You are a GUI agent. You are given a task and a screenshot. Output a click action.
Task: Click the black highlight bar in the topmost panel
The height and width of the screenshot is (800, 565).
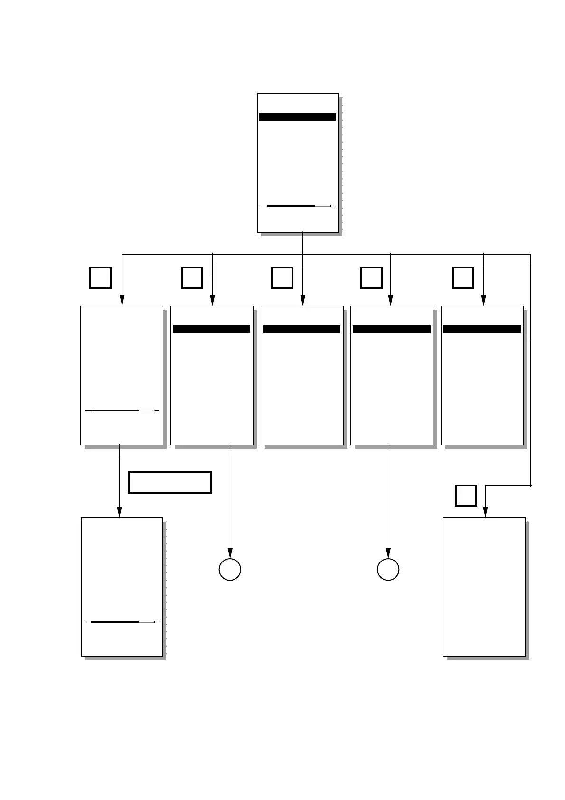(297, 117)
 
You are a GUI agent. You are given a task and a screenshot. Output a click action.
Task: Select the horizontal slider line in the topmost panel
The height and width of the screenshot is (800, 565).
(298, 206)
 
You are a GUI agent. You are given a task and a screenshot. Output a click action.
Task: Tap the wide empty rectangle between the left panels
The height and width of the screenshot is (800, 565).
(169, 483)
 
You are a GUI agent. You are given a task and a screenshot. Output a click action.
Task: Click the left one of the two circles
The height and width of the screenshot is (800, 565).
(230, 570)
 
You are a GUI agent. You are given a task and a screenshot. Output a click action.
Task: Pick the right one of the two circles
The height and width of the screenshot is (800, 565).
(388, 570)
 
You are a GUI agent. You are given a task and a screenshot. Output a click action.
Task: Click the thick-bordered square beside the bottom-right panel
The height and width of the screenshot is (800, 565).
(466, 495)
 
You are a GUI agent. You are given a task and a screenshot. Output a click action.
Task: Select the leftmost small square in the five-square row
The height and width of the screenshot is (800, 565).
(100, 278)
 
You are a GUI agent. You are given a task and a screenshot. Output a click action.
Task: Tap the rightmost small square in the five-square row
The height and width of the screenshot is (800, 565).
(463, 278)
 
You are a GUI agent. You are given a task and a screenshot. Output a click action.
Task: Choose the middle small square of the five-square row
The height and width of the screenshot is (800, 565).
(282, 278)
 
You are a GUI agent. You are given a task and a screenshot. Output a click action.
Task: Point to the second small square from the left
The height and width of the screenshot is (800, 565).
(192, 278)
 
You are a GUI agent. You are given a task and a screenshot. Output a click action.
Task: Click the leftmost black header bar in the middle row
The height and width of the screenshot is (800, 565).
(211, 330)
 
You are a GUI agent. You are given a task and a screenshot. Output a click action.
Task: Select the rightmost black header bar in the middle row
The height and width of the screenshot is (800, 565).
(481, 330)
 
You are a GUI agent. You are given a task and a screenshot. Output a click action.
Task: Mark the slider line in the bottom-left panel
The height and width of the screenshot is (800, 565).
(122, 622)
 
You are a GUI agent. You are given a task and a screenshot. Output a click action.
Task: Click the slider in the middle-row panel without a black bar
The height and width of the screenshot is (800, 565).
(122, 410)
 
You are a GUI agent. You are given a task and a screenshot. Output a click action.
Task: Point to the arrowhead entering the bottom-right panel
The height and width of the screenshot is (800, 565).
(485, 512)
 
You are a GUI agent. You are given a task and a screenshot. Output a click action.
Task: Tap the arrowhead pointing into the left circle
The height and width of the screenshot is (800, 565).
(230, 554)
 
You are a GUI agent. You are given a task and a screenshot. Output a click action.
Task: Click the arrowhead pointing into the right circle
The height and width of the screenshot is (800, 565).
(388, 554)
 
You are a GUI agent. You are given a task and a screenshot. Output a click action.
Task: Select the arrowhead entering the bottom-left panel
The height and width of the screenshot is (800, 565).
(119, 512)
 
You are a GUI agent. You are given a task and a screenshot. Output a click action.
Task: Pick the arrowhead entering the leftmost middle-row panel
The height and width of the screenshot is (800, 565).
(122, 301)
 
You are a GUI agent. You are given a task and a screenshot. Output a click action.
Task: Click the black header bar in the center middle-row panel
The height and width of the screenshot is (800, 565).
(301, 330)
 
